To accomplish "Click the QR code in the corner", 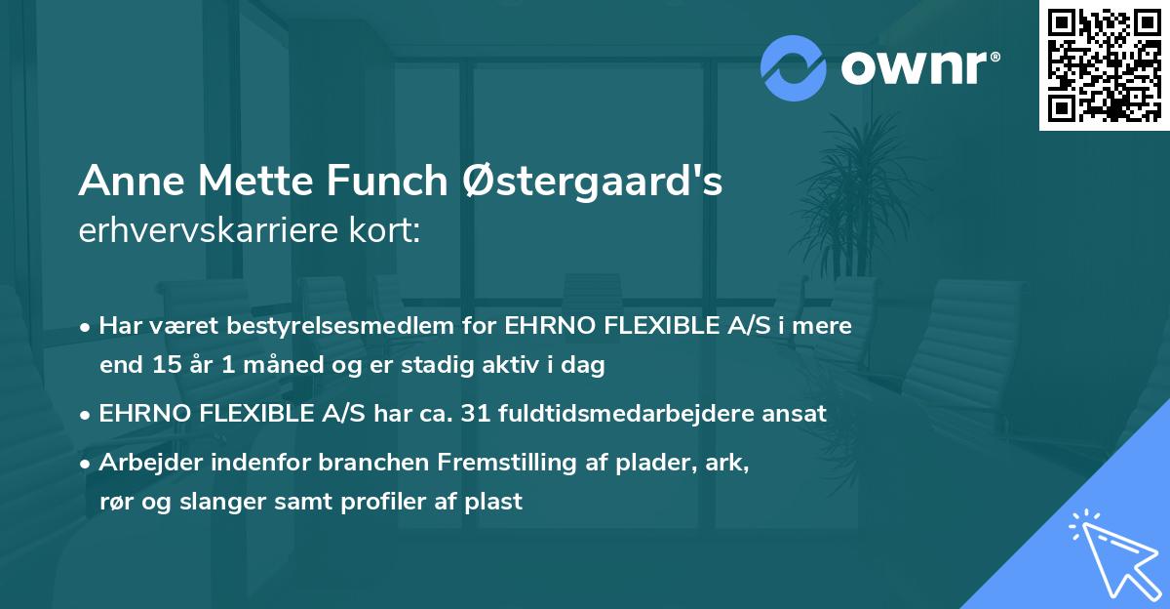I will click(x=1104, y=64).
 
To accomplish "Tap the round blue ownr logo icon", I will click(x=794, y=66).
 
